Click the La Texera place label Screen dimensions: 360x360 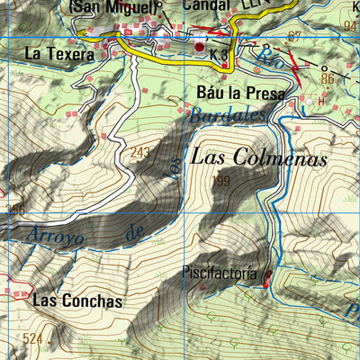pyautogui.click(x=58, y=54)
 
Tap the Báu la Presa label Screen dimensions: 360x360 pyautogui.click(x=240, y=93)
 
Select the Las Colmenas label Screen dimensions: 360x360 pyautogui.click(x=257, y=157)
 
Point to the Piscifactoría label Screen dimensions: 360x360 pyautogui.click(x=220, y=272)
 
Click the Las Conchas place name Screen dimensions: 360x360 pyautogui.click(x=76, y=301)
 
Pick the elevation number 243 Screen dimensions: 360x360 pyautogui.click(x=139, y=152)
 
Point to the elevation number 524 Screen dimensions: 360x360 pyautogui.click(x=33, y=338)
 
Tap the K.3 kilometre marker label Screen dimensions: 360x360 pyautogui.click(x=217, y=56)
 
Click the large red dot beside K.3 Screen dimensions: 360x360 pyautogui.click(x=199, y=46)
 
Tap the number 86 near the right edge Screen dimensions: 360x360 pyautogui.click(x=327, y=79)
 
